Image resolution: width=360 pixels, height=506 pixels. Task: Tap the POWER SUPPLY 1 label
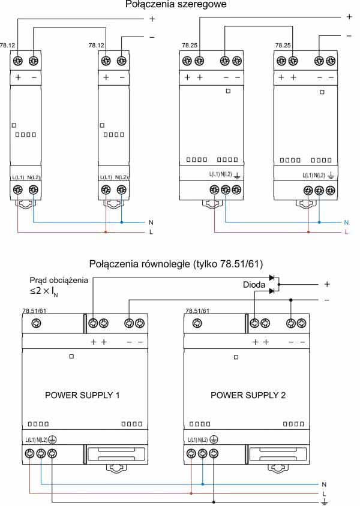(x=83, y=396)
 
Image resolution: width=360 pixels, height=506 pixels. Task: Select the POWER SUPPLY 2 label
(x=248, y=396)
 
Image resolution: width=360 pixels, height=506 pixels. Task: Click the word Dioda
(x=254, y=285)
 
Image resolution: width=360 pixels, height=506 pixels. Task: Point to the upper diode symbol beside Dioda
(x=272, y=278)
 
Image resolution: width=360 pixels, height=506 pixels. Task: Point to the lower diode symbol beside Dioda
(x=272, y=291)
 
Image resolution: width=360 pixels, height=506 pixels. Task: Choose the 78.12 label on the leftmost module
(x=8, y=45)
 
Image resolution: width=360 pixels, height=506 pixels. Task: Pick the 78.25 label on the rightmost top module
(x=283, y=45)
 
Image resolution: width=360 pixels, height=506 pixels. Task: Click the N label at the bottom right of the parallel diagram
(x=325, y=483)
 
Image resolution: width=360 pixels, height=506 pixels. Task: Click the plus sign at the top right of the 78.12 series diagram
(x=152, y=19)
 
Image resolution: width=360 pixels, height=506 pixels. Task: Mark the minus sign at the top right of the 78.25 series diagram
(x=349, y=36)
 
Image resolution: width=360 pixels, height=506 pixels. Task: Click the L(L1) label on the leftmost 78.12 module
(x=18, y=177)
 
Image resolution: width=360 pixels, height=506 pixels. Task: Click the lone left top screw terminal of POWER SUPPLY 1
(x=36, y=324)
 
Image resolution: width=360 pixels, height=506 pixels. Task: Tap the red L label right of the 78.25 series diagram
(x=347, y=231)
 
